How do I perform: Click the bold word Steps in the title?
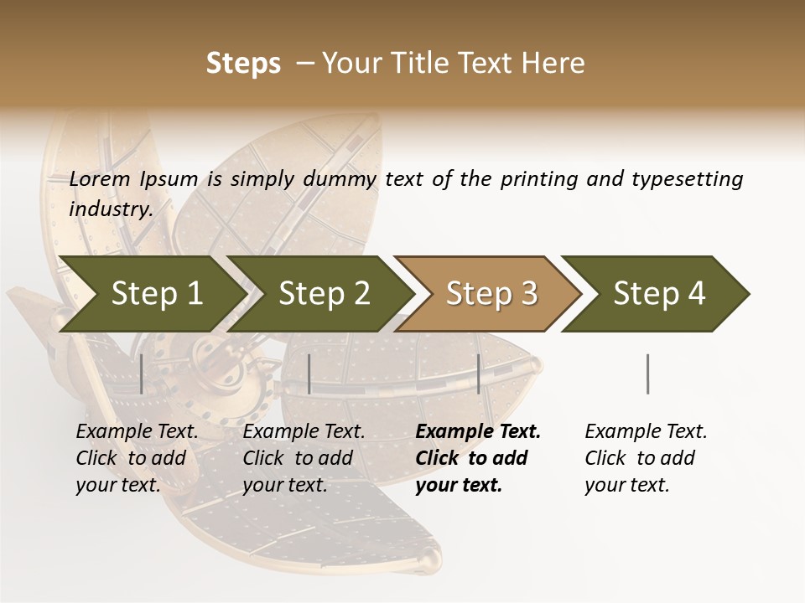pos(243,64)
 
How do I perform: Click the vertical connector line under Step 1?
pos(142,374)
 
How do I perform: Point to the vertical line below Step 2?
pos(309,374)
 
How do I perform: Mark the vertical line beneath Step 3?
pos(479,374)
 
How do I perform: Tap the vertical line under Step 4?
pos(648,374)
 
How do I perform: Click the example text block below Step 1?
pos(137,458)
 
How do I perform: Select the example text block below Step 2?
pos(304,458)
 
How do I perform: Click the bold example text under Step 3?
pos(478,458)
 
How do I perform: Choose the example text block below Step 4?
pos(646,458)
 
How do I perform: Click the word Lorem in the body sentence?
pos(100,179)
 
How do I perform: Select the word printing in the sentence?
pos(537,179)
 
